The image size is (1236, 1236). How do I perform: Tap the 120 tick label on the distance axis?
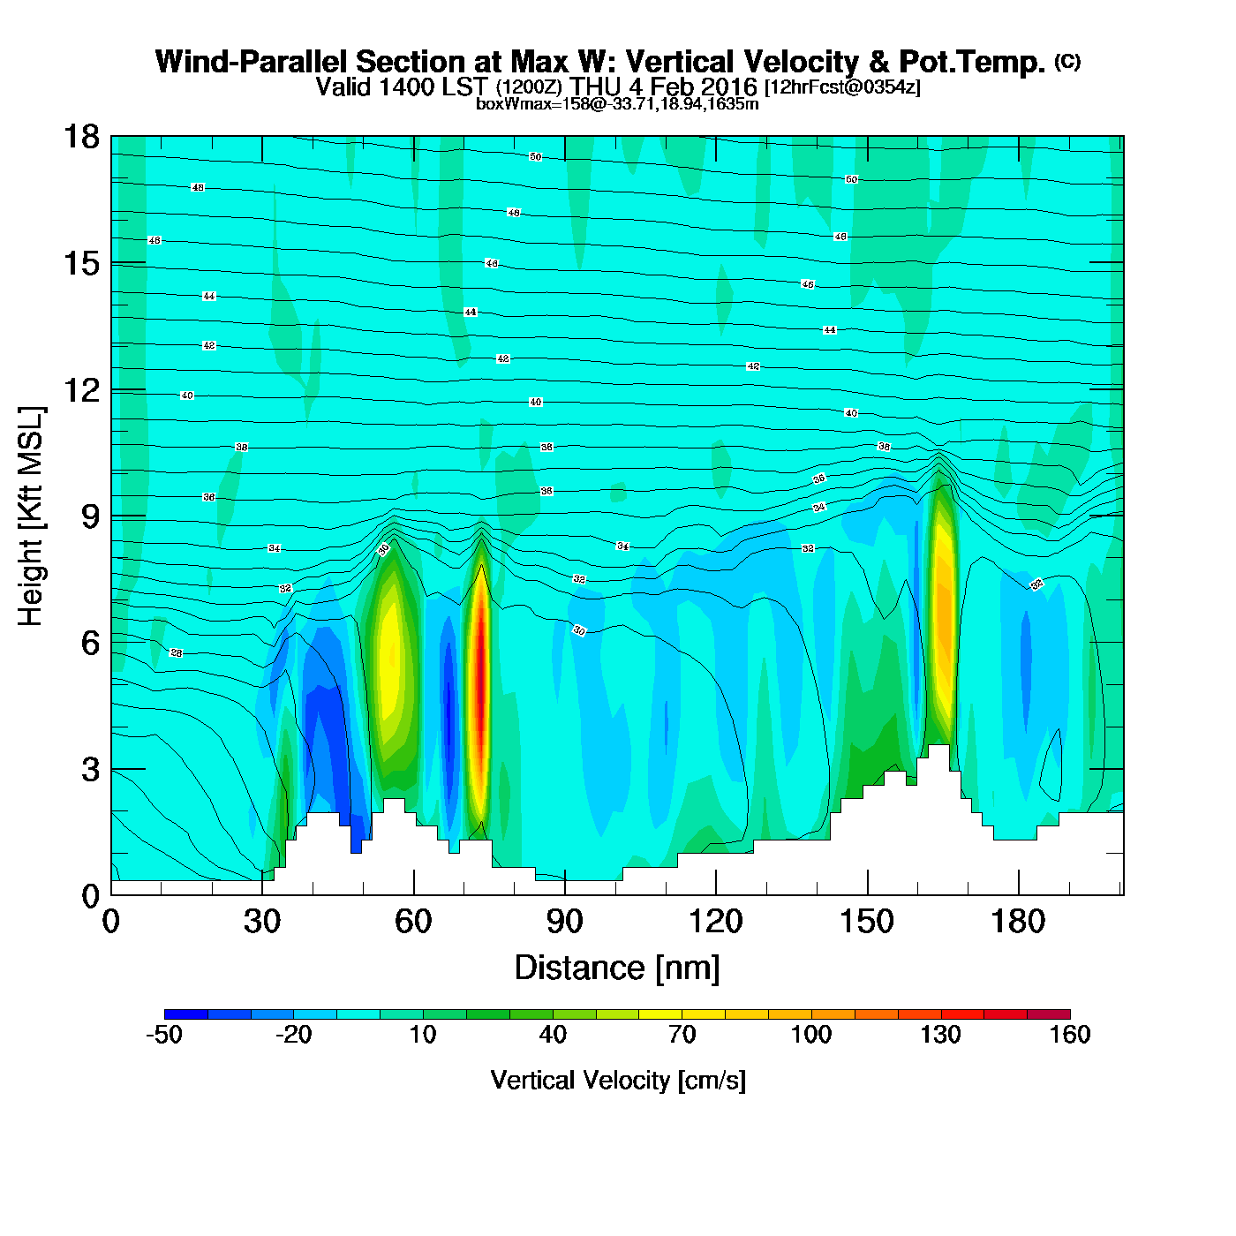coord(716,922)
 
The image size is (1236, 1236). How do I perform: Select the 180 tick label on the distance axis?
coord(1018,922)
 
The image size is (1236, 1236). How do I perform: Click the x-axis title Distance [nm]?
coord(617,968)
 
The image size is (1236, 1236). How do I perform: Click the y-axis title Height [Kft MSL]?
coord(31,516)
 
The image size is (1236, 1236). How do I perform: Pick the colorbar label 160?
coord(1070,1035)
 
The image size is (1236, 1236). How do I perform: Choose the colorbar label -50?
coord(164,1035)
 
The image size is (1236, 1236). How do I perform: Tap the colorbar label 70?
coord(682,1035)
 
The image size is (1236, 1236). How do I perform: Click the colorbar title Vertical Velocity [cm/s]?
coord(617,1081)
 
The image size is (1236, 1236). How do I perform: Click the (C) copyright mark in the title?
coord(1067,61)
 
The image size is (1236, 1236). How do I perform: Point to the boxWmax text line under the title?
coord(617,104)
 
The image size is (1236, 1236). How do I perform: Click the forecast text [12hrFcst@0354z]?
coord(842,87)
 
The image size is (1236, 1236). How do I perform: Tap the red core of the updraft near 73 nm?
coord(479,671)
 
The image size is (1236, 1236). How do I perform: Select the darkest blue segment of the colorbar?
coord(186,1014)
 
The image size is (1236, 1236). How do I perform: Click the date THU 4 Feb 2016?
coord(663,87)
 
